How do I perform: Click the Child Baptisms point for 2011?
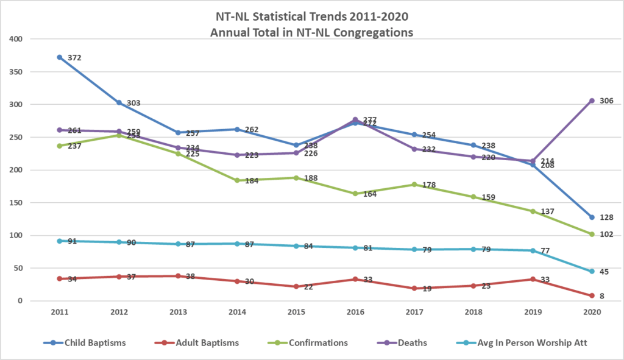click(60, 57)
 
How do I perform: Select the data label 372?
click(74, 58)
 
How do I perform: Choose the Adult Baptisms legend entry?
click(201, 343)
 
